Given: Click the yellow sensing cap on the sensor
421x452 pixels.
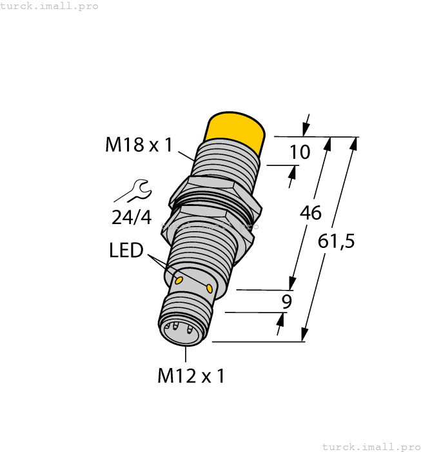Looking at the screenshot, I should click(235, 132).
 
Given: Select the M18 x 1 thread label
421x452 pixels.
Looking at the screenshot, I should click(139, 145).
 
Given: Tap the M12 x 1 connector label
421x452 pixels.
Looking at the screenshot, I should click(191, 376).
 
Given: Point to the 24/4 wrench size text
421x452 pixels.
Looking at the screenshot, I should click(132, 218).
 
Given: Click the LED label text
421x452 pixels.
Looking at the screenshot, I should click(126, 250).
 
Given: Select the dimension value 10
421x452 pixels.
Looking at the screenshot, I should click(300, 152).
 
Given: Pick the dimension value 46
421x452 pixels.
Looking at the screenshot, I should click(311, 213).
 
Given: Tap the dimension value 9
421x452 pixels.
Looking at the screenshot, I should click(287, 302).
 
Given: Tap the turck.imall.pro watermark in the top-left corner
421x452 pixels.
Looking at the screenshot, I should click(50, 6).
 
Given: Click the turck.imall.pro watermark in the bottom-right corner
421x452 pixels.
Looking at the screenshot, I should click(371, 446).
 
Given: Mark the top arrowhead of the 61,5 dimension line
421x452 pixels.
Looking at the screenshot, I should click(353, 143).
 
